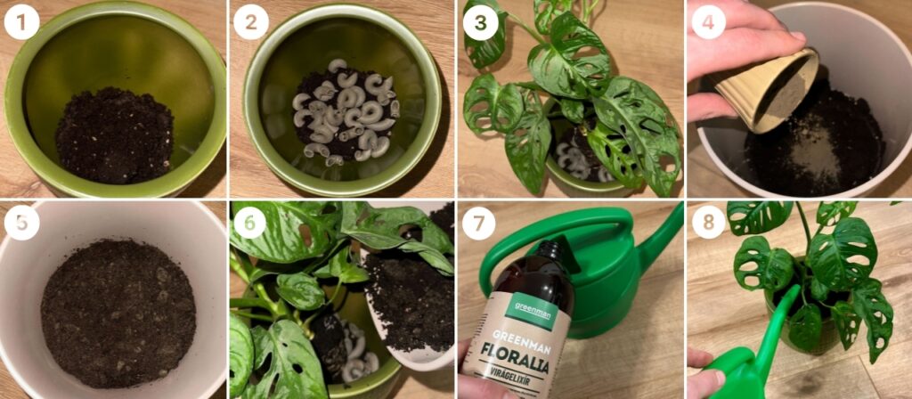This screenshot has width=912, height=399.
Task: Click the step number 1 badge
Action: (x=21, y=22)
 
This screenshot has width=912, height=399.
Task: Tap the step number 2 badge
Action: (x=250, y=22)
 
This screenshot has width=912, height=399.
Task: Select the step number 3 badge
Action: (x=480, y=22)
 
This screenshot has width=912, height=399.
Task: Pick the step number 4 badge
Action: (x=708, y=22)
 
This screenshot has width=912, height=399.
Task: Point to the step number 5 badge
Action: (x=21, y=223)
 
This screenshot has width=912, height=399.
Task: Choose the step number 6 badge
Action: (x=250, y=223)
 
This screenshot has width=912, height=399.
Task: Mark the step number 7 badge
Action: (x=480, y=223)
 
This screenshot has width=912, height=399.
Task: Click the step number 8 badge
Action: (x=708, y=223)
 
